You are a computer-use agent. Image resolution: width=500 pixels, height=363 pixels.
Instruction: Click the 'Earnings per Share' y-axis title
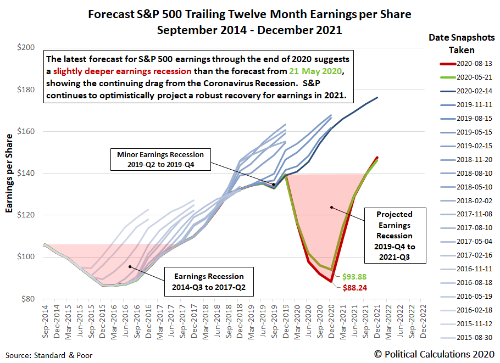coord(9,173)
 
